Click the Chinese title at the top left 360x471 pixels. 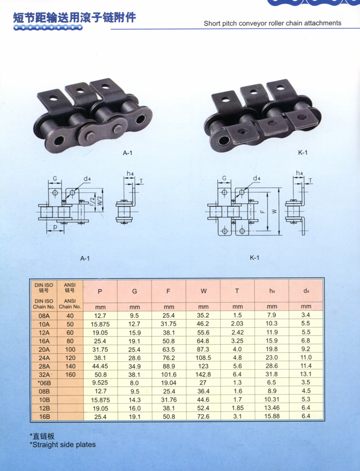pyautogui.click(x=75, y=18)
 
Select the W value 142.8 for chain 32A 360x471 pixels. pyautogui.click(x=203, y=374)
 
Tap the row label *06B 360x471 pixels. pyautogui.click(x=44, y=383)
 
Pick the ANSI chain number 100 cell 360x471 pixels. pyautogui.click(x=70, y=350)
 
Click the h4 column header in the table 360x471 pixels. pyautogui.click(x=272, y=291)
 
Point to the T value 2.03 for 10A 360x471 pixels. pyautogui.click(x=237, y=324)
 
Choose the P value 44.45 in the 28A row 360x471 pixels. pyautogui.click(x=100, y=366)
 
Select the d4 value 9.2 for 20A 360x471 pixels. pyautogui.click(x=306, y=349)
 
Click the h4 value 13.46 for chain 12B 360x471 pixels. pyautogui.click(x=272, y=408)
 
